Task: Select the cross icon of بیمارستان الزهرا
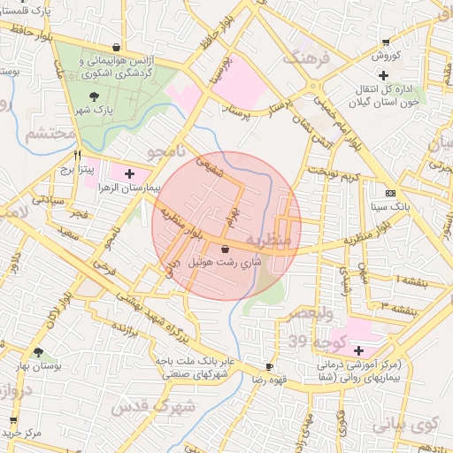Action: (130, 173)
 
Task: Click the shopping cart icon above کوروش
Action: (385, 41)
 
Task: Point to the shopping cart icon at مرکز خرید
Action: (12, 420)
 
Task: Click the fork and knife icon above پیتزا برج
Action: (77, 152)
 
